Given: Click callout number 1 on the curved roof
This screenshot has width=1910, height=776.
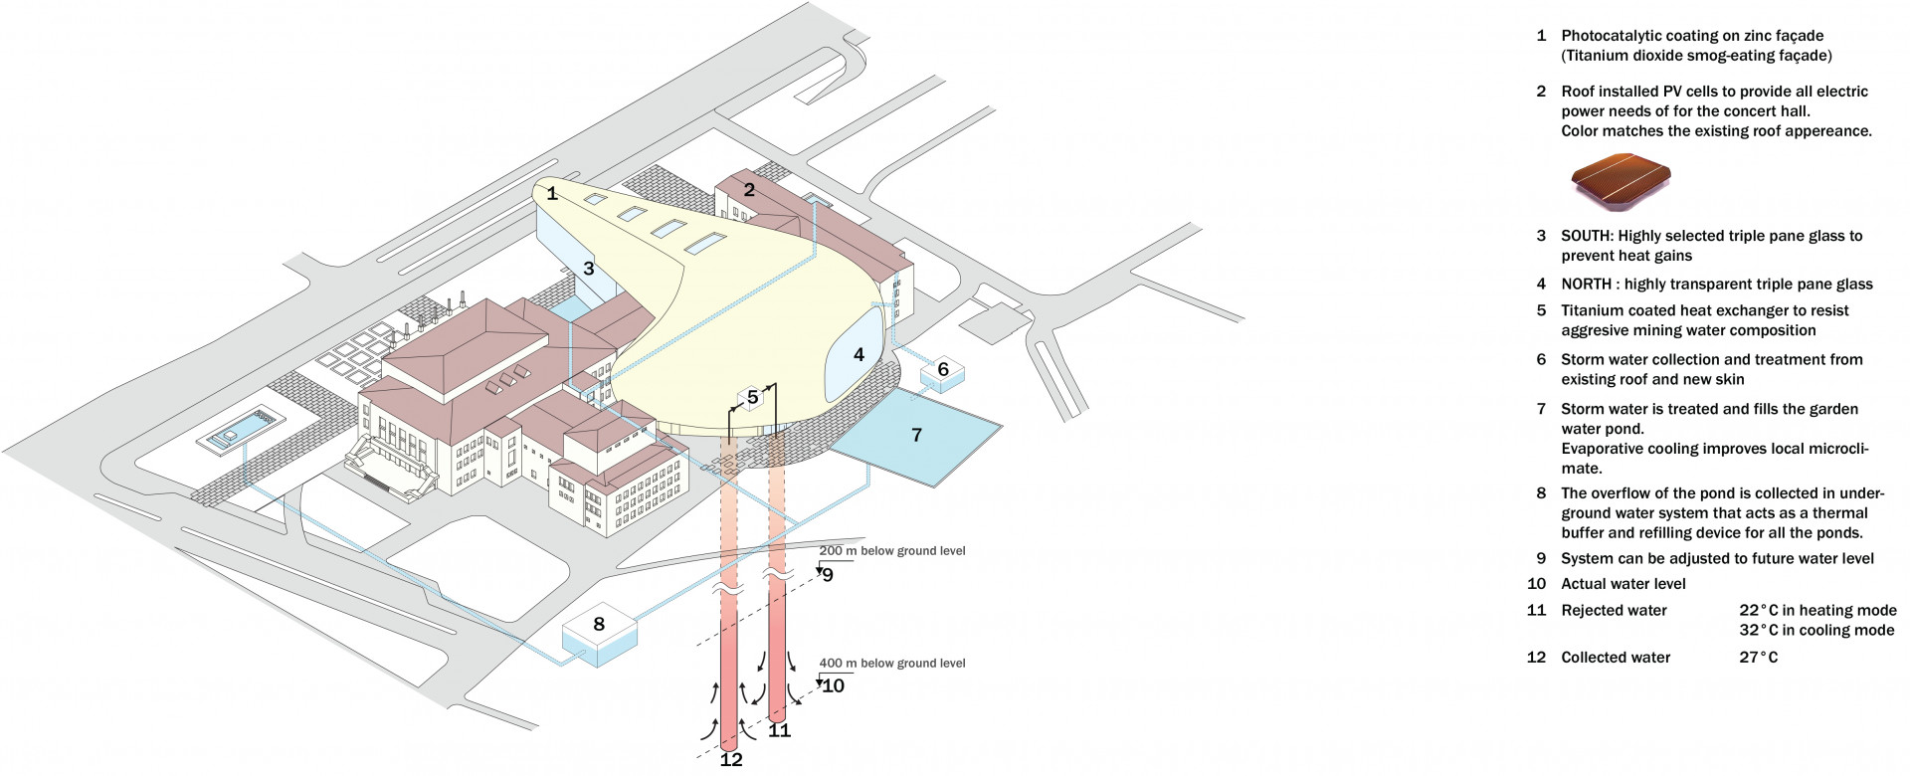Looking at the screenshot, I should [552, 193].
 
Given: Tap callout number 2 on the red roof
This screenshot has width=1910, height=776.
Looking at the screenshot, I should [749, 189].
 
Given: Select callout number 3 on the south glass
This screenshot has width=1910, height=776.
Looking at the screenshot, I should [589, 269].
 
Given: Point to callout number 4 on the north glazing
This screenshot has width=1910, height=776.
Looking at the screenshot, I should [859, 354].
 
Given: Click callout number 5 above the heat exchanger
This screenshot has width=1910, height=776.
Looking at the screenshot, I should [753, 397].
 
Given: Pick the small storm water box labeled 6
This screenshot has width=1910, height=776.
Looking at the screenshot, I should [943, 370].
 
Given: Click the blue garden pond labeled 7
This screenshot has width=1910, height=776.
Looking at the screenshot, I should [916, 435].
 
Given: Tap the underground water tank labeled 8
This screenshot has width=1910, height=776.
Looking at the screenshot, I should [599, 625].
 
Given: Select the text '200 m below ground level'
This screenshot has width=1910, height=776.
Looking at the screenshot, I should [891, 551].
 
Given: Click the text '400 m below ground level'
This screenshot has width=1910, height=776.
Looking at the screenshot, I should [891, 664].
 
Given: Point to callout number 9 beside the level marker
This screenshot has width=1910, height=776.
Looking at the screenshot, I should [828, 575].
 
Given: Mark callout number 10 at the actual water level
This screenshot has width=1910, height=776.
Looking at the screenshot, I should [834, 685].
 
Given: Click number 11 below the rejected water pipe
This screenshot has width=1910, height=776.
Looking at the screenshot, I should [780, 730].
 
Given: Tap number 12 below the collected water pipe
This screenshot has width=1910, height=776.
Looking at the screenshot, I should [731, 760].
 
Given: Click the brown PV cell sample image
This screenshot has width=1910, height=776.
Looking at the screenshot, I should [1621, 182].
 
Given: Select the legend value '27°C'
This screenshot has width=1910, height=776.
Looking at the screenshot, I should [1758, 658].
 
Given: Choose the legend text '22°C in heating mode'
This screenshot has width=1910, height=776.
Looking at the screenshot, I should [1817, 611].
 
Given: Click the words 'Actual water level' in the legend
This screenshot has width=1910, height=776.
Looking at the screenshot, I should [1623, 584].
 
